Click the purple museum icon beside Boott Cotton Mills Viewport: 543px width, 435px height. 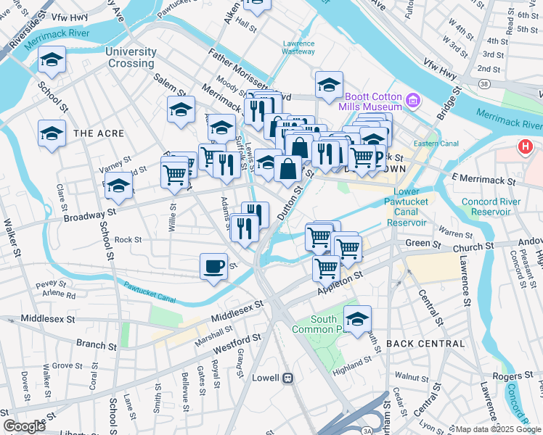pyautogui.click(x=414, y=99)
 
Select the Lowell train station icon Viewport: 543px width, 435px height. pyautogui.click(x=288, y=378)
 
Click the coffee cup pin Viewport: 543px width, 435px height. pyautogui.click(x=213, y=266)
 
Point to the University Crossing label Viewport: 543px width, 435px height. pyautogui.click(x=131, y=57)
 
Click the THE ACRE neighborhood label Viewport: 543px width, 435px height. pyautogui.click(x=99, y=133)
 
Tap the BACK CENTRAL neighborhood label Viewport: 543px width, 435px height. pyautogui.click(x=420, y=343)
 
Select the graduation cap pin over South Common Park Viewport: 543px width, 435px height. pyautogui.click(x=357, y=318)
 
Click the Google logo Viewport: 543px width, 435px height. pyautogui.click(x=24, y=426)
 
